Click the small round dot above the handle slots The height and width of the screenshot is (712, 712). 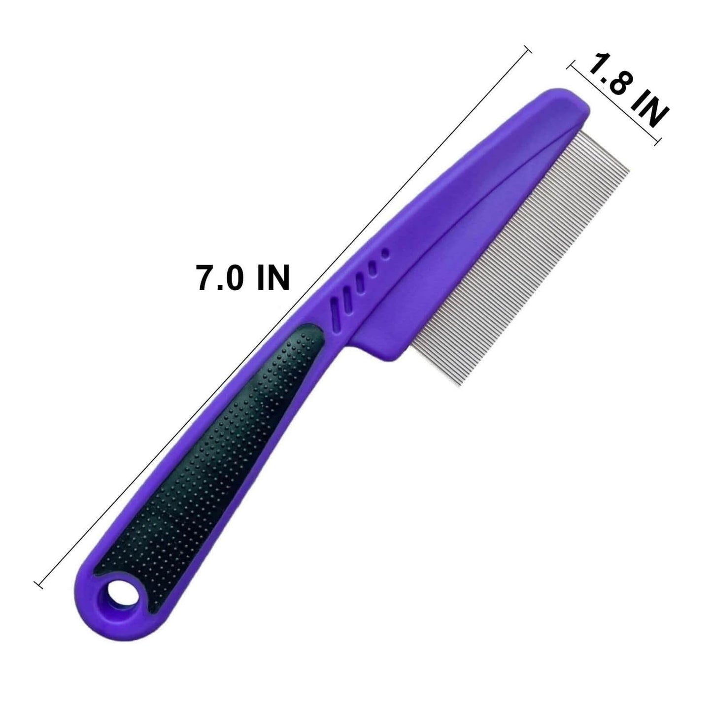pos(386,254)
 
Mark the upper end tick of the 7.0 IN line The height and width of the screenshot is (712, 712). pos(528,49)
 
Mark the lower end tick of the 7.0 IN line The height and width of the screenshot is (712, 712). pos(39,585)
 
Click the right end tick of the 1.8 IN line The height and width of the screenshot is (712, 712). pos(657,143)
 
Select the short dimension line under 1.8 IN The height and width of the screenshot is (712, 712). pos(613,104)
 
